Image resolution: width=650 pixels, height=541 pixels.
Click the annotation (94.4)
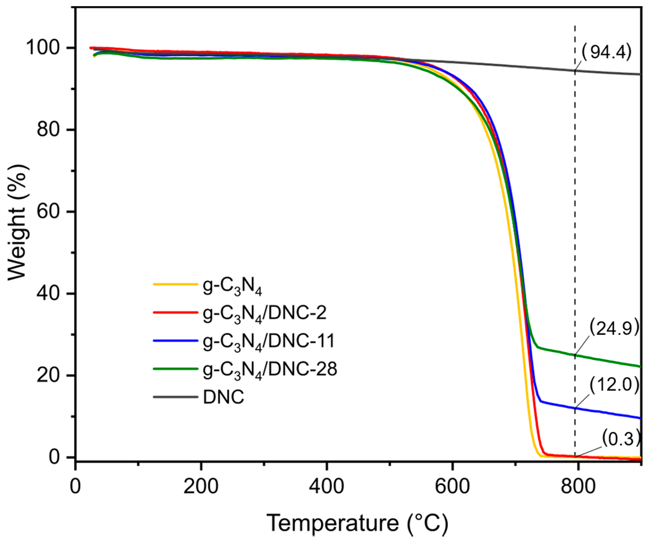click(606, 52)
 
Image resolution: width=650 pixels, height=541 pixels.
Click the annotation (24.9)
click(614, 328)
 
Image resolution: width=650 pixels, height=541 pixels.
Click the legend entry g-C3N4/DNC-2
click(265, 314)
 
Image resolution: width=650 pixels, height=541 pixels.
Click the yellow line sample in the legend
click(175, 284)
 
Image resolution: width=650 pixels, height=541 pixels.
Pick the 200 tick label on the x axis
click(201, 487)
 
